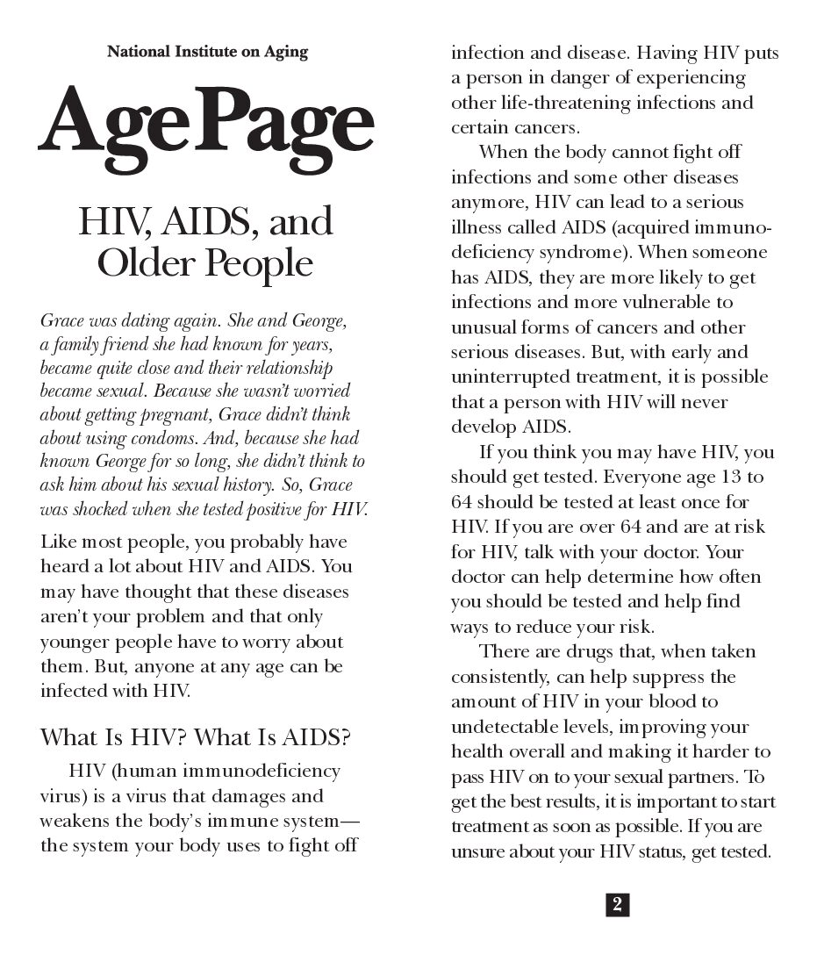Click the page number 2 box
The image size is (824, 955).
point(617,905)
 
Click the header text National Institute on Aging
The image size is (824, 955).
point(207,52)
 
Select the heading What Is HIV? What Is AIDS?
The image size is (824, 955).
point(196,736)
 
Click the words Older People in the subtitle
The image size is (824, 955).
point(205,262)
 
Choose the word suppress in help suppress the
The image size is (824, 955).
point(667,678)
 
